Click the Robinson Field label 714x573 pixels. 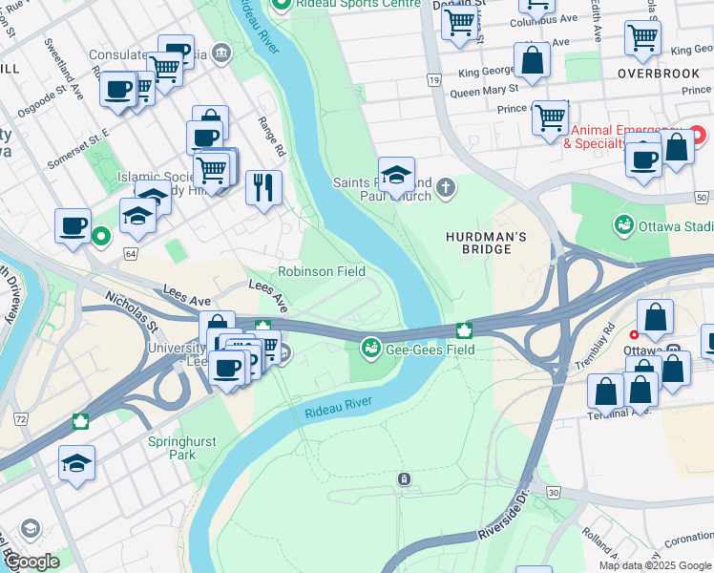[x=321, y=271]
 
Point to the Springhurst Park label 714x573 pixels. [x=181, y=448]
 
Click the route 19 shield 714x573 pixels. [x=433, y=83]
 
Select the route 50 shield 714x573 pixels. [x=702, y=198]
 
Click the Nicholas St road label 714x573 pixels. [x=132, y=312]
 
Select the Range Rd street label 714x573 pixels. [x=273, y=137]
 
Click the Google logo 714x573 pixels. [x=31, y=562]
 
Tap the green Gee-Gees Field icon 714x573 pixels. [x=371, y=349]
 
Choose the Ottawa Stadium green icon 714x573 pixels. [x=623, y=225]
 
